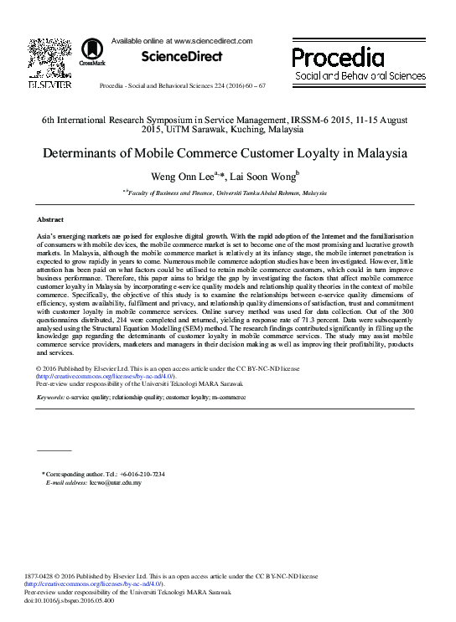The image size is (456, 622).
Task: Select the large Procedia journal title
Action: click(338, 57)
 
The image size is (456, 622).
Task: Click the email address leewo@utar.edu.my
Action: click(117, 483)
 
